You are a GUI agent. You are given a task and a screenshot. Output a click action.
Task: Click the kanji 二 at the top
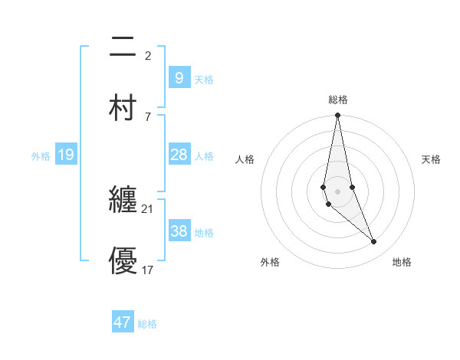(x=123, y=48)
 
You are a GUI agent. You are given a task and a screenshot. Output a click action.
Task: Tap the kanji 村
(x=123, y=107)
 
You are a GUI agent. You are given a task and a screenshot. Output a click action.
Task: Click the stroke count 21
(x=148, y=208)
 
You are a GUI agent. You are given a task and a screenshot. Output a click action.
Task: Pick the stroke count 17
(x=148, y=269)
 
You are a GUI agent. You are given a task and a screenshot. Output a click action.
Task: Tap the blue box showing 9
(x=179, y=77)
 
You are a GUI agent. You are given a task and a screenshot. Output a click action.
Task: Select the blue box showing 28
(x=179, y=155)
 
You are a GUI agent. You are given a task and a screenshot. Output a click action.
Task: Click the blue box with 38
(x=179, y=231)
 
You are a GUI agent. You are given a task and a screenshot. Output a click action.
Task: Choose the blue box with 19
(x=65, y=155)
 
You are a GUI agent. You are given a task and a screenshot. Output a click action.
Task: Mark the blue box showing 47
(x=123, y=322)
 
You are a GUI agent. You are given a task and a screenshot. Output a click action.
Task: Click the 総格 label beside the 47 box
(x=147, y=324)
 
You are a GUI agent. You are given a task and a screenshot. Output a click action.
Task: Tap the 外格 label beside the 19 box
(x=41, y=156)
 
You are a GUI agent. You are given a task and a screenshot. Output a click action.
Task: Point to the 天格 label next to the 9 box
(x=203, y=79)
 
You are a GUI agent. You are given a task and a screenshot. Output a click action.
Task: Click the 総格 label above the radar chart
(x=337, y=100)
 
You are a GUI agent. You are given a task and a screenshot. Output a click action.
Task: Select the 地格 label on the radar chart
(x=402, y=262)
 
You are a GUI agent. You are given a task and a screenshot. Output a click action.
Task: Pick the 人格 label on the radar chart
(x=245, y=159)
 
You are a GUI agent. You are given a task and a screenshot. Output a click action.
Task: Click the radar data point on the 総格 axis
(x=337, y=116)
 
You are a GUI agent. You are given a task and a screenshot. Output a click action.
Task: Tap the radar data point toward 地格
(x=374, y=242)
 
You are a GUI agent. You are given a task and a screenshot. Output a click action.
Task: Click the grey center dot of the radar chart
(x=337, y=191)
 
